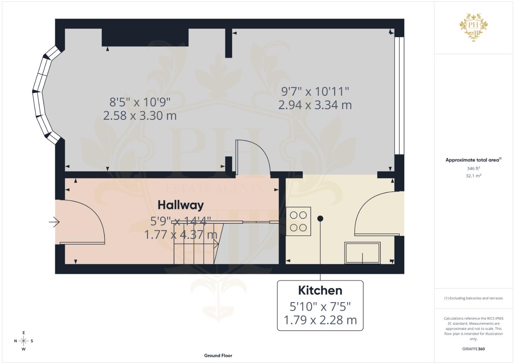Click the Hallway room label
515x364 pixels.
coord(180,205)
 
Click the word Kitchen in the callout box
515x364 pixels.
coord(320,290)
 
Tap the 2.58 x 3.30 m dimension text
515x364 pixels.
coord(140,116)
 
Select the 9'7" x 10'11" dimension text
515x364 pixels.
coord(315,91)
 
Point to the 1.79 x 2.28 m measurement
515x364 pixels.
coord(320,320)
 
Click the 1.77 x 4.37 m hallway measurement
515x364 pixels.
coord(180,234)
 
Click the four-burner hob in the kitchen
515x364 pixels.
coord(298,221)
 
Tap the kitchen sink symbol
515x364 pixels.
coord(362,253)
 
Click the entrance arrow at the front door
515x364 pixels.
coord(54,222)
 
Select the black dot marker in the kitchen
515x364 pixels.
coord(320,219)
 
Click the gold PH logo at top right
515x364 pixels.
coord(474,27)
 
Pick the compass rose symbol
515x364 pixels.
coord(24,341)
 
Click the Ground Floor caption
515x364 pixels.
coord(218,355)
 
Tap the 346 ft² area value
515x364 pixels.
coord(473,168)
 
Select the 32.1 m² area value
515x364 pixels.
coord(473,176)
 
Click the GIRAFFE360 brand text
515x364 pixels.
coord(473,349)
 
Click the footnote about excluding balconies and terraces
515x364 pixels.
coord(473,298)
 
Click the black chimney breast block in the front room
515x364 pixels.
coord(145,37)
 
